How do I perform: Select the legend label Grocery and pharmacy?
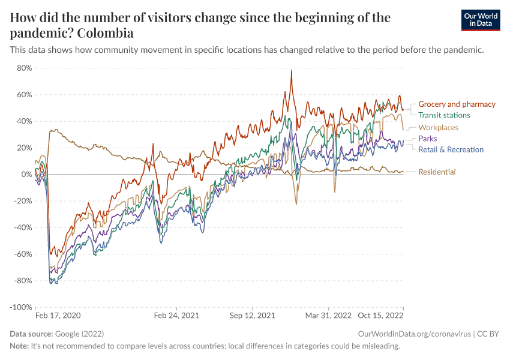coord(457,104)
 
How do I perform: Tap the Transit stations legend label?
coord(444,115)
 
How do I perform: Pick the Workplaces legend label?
coord(438,128)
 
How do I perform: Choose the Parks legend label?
coord(428,139)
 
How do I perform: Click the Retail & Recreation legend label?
coord(451,149)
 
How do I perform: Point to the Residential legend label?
coord(437,172)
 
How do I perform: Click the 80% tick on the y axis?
coord(24,68)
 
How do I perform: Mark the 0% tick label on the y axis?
coord(26,175)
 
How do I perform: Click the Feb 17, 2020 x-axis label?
coord(57,315)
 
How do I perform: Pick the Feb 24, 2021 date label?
coord(176,315)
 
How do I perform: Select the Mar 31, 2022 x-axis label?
coord(328,315)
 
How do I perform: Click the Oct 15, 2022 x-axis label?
coord(381,315)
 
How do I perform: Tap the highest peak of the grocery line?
coord(291,71)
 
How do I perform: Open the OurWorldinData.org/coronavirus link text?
coord(413,334)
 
